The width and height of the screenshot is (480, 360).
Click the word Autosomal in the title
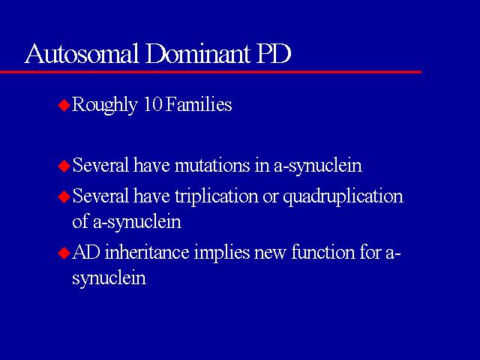(82, 53)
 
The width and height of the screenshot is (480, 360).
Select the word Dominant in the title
(198, 53)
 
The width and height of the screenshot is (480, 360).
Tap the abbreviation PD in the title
(273, 53)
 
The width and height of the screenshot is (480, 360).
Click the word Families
(199, 104)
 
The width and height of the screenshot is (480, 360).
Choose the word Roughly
(104, 105)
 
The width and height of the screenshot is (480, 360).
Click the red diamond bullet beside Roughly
(64, 105)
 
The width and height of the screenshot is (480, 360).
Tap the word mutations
(212, 165)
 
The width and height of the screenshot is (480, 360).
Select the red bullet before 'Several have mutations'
(64, 166)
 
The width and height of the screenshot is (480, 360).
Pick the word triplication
(217, 196)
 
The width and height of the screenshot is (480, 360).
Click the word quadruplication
(343, 196)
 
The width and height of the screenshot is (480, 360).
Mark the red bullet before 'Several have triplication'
(64, 196)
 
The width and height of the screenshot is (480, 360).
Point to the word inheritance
(147, 253)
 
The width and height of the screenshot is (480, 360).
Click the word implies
(222, 253)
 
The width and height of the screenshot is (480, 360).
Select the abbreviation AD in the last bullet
(86, 253)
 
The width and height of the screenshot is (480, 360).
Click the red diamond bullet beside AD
(64, 253)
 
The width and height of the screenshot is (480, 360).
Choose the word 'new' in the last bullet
(270, 255)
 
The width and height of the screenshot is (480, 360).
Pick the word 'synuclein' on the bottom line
(109, 278)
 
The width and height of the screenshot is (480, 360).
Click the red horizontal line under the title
(211, 72)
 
